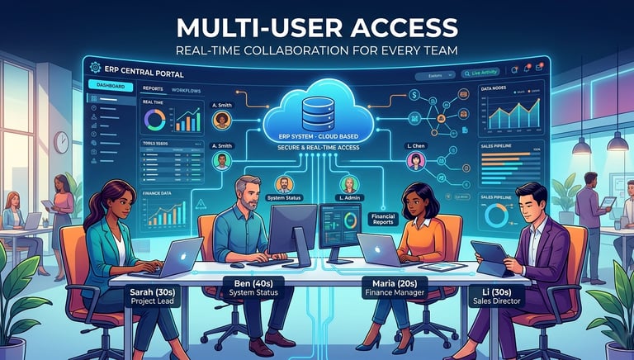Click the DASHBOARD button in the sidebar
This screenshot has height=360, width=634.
click(x=110, y=86)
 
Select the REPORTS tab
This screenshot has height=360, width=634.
click(x=153, y=89)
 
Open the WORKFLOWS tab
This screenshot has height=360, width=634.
click(x=187, y=89)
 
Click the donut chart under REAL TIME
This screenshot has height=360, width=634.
click(x=155, y=121)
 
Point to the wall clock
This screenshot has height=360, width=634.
click(x=61, y=142)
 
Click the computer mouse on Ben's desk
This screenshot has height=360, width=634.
click(x=238, y=265)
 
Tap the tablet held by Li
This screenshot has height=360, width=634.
click(x=494, y=258)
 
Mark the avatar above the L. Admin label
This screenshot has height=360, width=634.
click(x=348, y=185)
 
